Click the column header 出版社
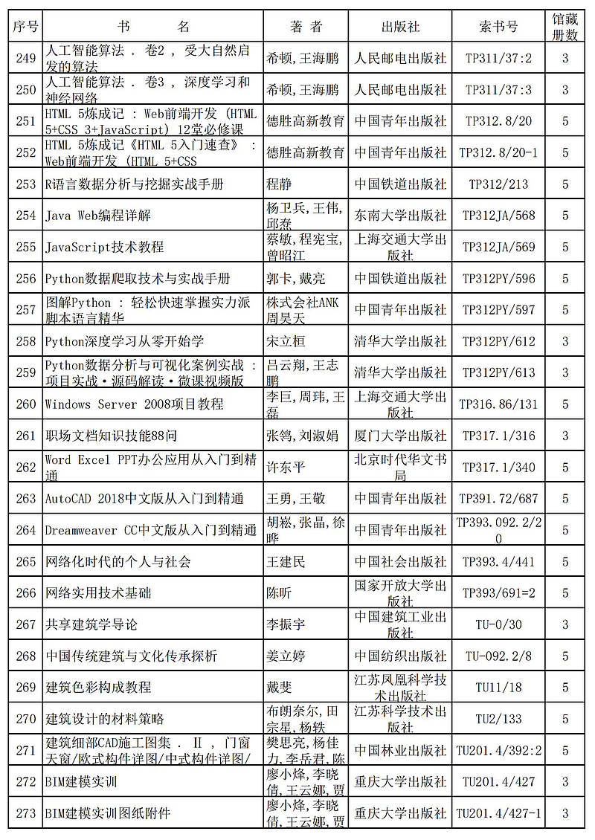400,27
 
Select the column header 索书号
498,27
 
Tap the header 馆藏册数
565,27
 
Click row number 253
26,184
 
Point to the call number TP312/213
498,184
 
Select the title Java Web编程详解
98,216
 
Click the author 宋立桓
286,341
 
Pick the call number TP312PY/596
498,279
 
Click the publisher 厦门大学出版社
400,436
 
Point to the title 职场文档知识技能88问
112,436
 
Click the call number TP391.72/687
498,498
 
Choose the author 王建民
286,561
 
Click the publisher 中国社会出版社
400,561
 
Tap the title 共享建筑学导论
91,624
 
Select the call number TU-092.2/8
498,656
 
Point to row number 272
26,781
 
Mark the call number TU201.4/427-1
498,813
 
